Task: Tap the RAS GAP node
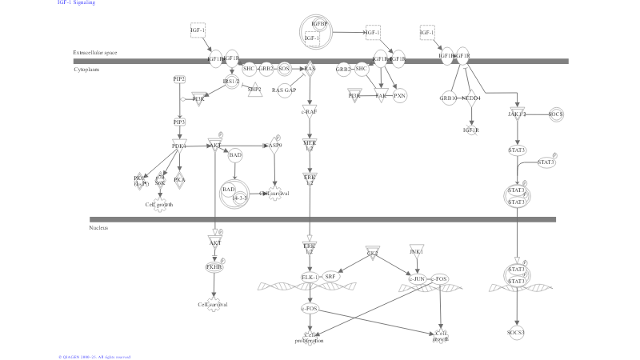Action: pyautogui.click(x=284, y=90)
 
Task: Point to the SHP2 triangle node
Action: pyautogui.click(x=254, y=89)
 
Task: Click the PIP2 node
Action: pyautogui.click(x=179, y=78)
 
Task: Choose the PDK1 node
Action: pyautogui.click(x=179, y=146)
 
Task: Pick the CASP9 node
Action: pyautogui.click(x=275, y=145)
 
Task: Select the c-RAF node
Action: pyautogui.click(x=310, y=112)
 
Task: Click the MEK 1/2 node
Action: pyautogui.click(x=310, y=145)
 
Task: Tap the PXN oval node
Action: pyautogui.click(x=400, y=95)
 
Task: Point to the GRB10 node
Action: pyautogui.click(x=448, y=98)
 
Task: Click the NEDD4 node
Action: pyautogui.click(x=471, y=98)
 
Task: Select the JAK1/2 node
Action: pyautogui.click(x=517, y=114)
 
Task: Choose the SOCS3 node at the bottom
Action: pyautogui.click(x=517, y=331)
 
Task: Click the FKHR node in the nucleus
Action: pyautogui.click(x=214, y=266)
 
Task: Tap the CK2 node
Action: pyautogui.click(x=372, y=253)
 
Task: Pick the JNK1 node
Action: pyautogui.click(x=416, y=251)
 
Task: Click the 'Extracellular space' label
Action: pyautogui.click(x=95, y=53)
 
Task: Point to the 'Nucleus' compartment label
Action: pyautogui.click(x=98, y=228)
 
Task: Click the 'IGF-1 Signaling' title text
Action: pyautogui.click(x=76, y=3)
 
